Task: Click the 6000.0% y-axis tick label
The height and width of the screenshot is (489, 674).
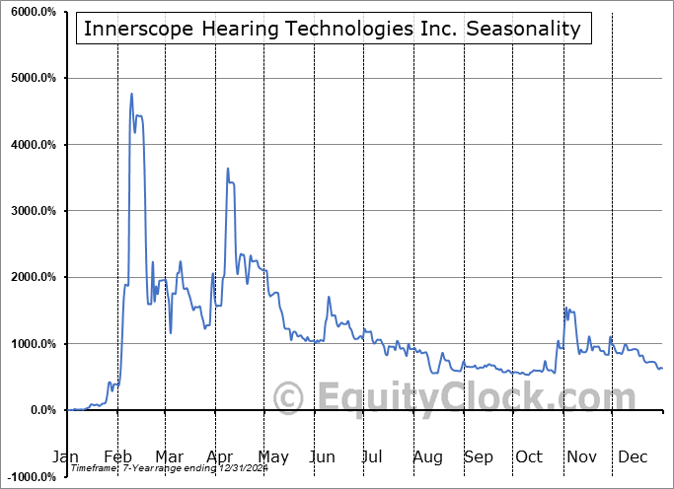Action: pyautogui.click(x=34, y=12)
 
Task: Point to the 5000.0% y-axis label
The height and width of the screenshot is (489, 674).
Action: pyautogui.click(x=34, y=78)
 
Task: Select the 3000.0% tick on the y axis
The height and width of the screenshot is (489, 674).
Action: pyautogui.click(x=34, y=211)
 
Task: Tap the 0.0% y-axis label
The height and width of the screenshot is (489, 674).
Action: pyautogui.click(x=41, y=410)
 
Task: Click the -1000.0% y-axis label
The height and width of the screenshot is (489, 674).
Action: pyautogui.click(x=31, y=477)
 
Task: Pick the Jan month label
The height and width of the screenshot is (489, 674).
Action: pyautogui.click(x=65, y=457)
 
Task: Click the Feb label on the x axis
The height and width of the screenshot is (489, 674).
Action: pyautogui.click(x=116, y=457)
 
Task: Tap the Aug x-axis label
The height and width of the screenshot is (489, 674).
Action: pyautogui.click(x=427, y=457)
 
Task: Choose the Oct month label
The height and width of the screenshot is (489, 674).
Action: pyautogui.click(x=529, y=457)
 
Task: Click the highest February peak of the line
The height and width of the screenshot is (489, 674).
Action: pyautogui.click(x=131, y=95)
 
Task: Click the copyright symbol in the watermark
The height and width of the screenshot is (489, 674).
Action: pyautogui.click(x=289, y=398)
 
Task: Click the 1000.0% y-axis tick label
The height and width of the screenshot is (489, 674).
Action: pyautogui.click(x=34, y=344)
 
